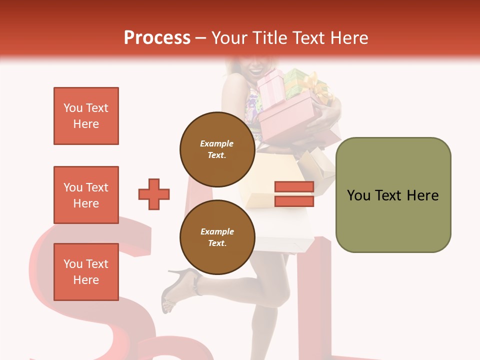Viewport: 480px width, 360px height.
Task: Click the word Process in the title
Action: point(157,38)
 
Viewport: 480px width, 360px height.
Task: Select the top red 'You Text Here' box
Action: point(86,116)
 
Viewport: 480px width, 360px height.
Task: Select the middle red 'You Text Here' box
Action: point(86,195)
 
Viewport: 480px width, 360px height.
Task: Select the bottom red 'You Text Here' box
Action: point(86,272)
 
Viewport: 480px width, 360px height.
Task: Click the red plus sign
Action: point(154,194)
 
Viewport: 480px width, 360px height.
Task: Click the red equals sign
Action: point(294,194)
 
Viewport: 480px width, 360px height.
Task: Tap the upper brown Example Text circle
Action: point(217,149)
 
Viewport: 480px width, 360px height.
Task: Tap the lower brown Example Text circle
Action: point(217,237)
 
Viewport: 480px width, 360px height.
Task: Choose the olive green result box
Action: point(393,195)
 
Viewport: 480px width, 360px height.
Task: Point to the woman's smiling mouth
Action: point(255,70)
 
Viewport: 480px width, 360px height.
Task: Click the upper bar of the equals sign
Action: point(294,187)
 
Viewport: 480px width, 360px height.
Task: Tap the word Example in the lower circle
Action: point(217,231)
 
